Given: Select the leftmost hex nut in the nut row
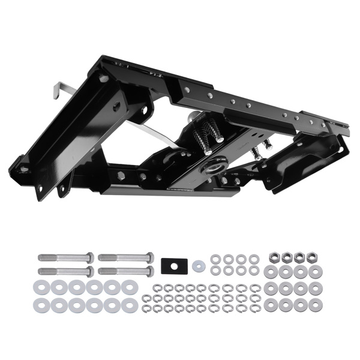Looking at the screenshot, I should point(271,257).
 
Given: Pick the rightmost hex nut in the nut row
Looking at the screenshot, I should point(311,257).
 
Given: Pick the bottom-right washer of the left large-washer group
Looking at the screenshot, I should point(129,305).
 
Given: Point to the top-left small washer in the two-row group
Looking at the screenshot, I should point(215,259).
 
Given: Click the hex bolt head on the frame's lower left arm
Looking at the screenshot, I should point(121,176).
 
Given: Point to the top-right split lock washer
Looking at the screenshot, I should point(256,282).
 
